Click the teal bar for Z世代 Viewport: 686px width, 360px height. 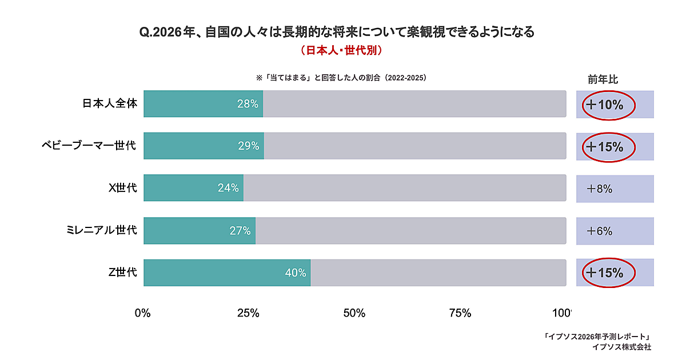[227, 273]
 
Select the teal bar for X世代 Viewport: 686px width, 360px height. [193, 188]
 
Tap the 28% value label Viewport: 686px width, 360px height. [248, 104]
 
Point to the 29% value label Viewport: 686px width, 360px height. [249, 146]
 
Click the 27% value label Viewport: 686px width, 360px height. [240, 231]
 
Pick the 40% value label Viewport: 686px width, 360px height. [296, 273]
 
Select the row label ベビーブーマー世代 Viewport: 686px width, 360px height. [89, 145]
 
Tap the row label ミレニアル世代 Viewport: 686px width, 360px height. [102, 230]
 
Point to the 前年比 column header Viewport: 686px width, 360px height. [603, 79]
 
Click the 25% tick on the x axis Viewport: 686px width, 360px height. [248, 313]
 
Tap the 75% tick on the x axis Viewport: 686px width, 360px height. [460, 313]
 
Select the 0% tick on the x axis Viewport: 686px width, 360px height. [142, 313]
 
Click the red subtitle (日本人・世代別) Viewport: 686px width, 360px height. [341, 50]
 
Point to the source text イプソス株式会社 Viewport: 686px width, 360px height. [621, 347]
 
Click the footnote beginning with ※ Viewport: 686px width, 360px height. [341, 78]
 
